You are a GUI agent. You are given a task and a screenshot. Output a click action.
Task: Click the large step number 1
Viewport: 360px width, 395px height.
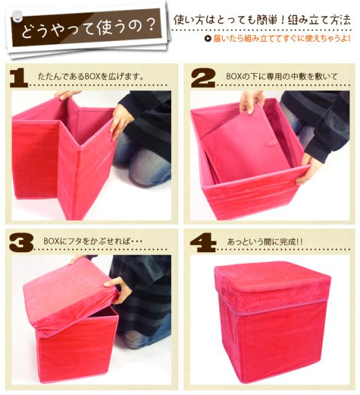coord(19,78)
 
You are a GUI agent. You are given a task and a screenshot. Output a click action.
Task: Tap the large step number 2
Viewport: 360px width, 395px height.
coord(203,78)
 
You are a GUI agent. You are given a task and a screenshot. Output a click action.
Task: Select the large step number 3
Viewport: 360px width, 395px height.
coord(21,242)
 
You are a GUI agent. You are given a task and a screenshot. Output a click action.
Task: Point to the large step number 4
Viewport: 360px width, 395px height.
coord(203,242)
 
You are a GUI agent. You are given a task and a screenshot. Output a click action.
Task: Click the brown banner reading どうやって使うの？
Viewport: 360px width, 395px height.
coord(86,28)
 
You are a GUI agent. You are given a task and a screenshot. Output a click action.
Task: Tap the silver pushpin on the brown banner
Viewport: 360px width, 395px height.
coord(18,16)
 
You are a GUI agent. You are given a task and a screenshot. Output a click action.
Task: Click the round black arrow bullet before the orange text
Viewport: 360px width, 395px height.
coord(208,39)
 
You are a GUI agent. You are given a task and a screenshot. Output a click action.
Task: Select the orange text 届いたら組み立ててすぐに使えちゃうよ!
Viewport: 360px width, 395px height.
coord(282,39)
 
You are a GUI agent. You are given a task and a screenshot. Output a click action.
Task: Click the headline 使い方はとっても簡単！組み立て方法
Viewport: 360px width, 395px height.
coord(262,20)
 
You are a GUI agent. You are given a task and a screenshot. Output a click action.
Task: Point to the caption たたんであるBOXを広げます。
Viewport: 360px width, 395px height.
coord(90,76)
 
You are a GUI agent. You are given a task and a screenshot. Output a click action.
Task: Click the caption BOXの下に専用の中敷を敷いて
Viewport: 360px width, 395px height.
coord(282,76)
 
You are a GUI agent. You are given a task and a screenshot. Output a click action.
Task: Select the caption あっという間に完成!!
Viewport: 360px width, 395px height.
coord(265,242)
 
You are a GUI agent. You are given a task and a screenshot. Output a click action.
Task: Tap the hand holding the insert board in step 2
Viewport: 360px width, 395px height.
coord(252,102)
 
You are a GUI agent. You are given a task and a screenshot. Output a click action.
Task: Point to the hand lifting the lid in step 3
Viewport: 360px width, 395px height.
coord(119,290)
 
